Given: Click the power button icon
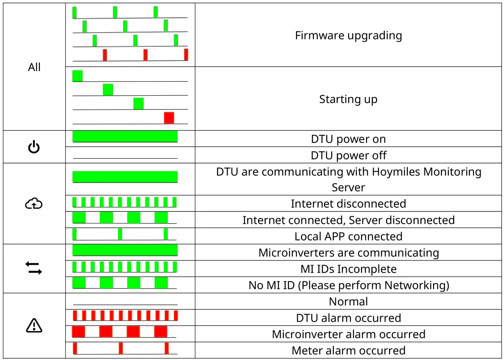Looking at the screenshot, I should [34, 147].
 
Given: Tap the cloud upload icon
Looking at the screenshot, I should [34, 203].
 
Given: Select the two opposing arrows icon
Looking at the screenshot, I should [34, 268].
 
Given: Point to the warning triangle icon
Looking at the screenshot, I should [34, 326].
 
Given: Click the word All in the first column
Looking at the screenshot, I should [34, 67].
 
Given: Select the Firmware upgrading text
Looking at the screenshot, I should [348, 36].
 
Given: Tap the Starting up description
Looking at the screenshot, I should [348, 99].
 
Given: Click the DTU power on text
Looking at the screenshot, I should [348, 139].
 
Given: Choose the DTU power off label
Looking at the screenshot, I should [348, 155].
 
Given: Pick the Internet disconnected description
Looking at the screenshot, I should [348, 204].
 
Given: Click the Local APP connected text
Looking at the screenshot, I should [348, 236].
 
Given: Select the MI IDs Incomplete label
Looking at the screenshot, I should [348, 269].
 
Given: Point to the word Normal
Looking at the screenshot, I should [348, 301].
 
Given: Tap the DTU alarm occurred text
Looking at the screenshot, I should [348, 318].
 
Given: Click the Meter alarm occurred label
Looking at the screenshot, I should [348, 350].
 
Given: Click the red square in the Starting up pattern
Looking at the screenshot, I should [169, 118].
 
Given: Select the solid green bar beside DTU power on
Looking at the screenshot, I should [125, 136].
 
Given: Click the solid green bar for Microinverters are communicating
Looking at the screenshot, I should [125, 250].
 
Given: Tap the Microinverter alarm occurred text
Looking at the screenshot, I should [348, 334].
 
